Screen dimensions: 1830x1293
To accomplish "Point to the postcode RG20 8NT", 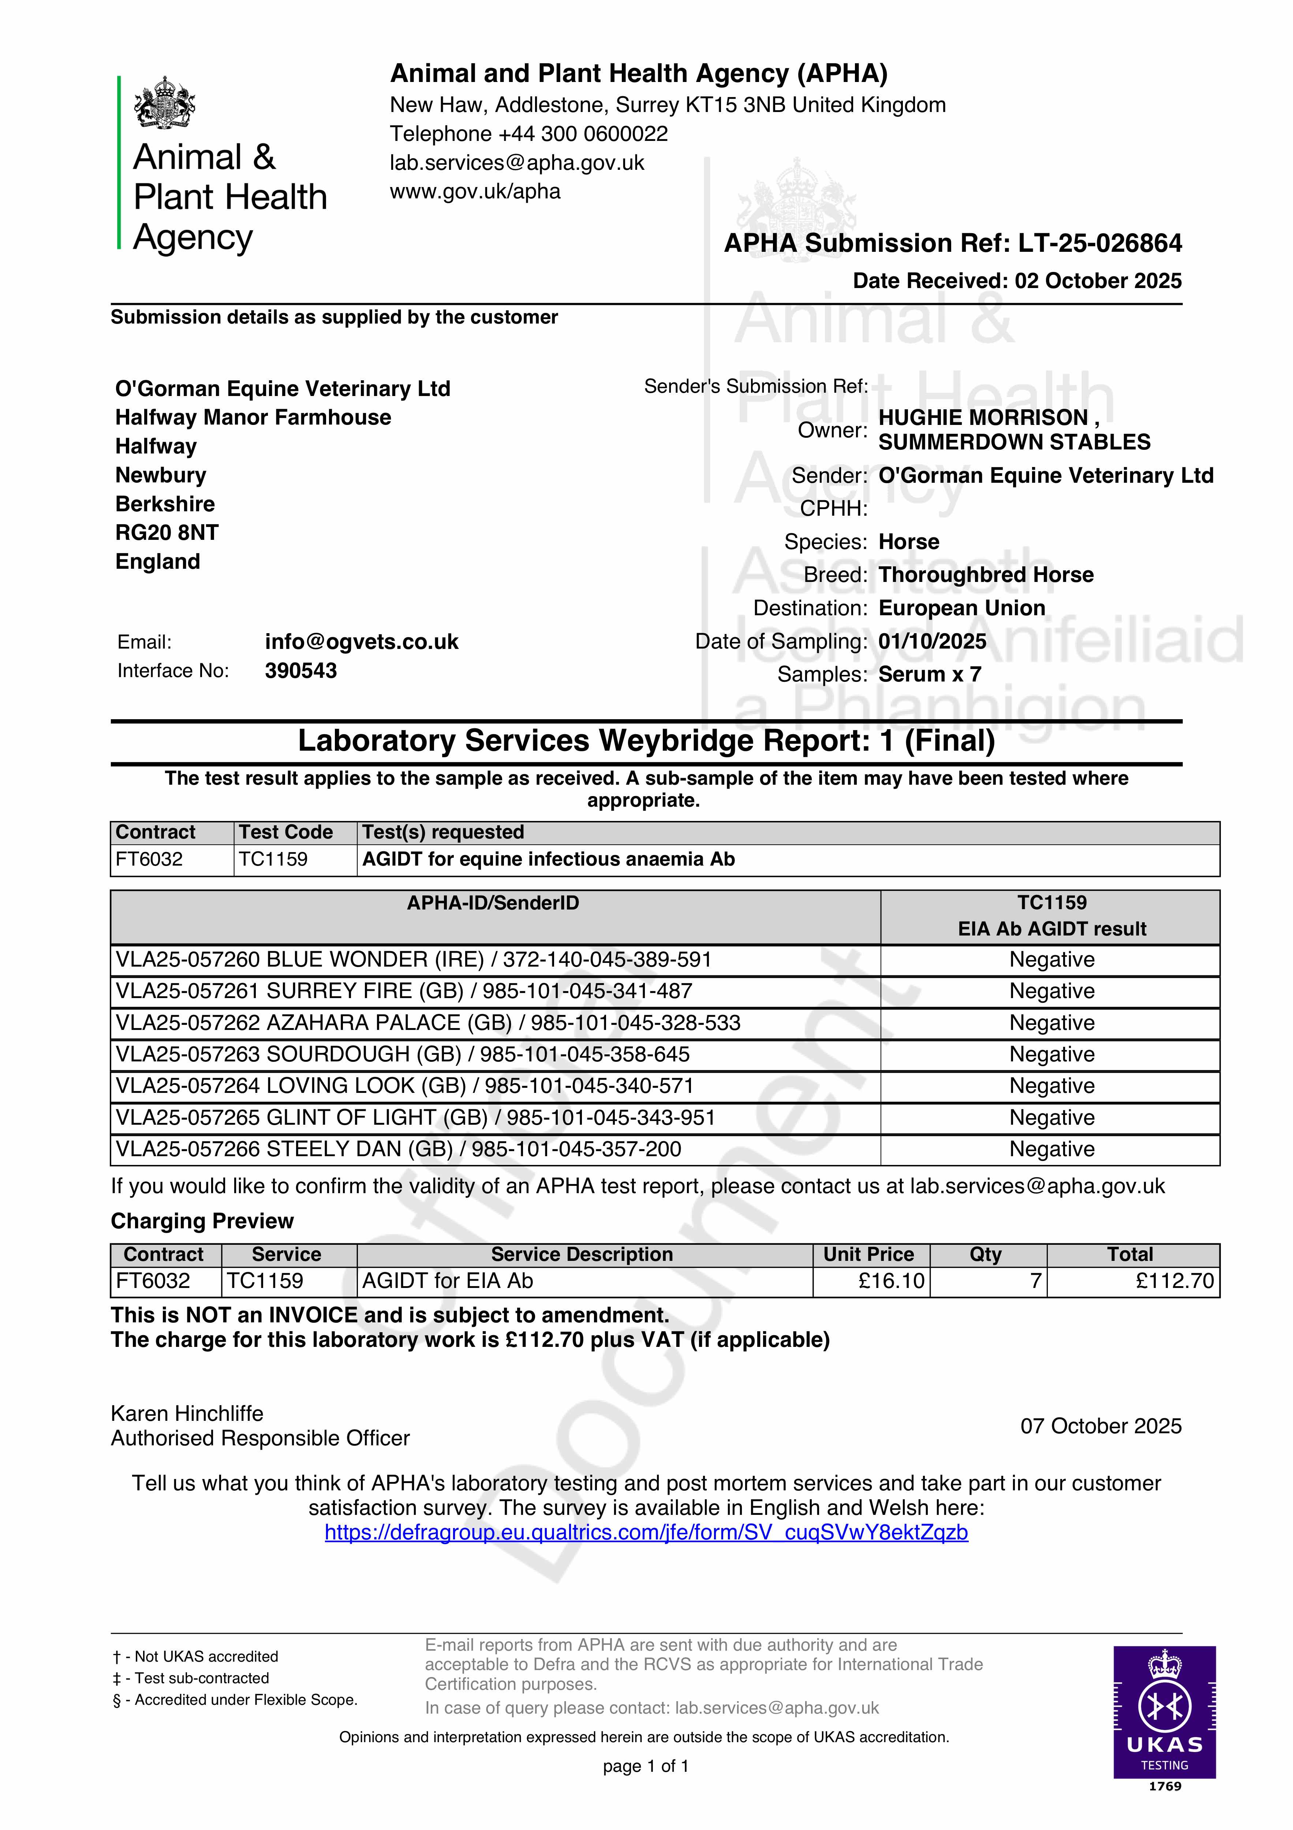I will click(x=167, y=533).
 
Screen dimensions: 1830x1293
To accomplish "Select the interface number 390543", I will click(x=300, y=670).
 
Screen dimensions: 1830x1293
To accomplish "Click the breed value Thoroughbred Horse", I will click(x=985, y=575).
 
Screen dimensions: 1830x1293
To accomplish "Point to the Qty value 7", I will click(x=1035, y=1281).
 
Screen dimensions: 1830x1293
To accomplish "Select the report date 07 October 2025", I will click(x=1100, y=1426).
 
